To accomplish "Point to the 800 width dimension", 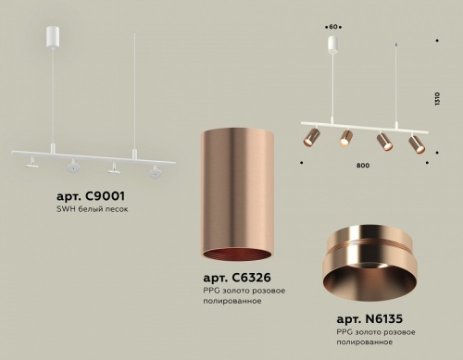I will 362,165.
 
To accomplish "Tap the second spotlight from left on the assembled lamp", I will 344,137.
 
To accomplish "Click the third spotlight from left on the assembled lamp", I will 381,143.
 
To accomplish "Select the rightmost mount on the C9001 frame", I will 154,170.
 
